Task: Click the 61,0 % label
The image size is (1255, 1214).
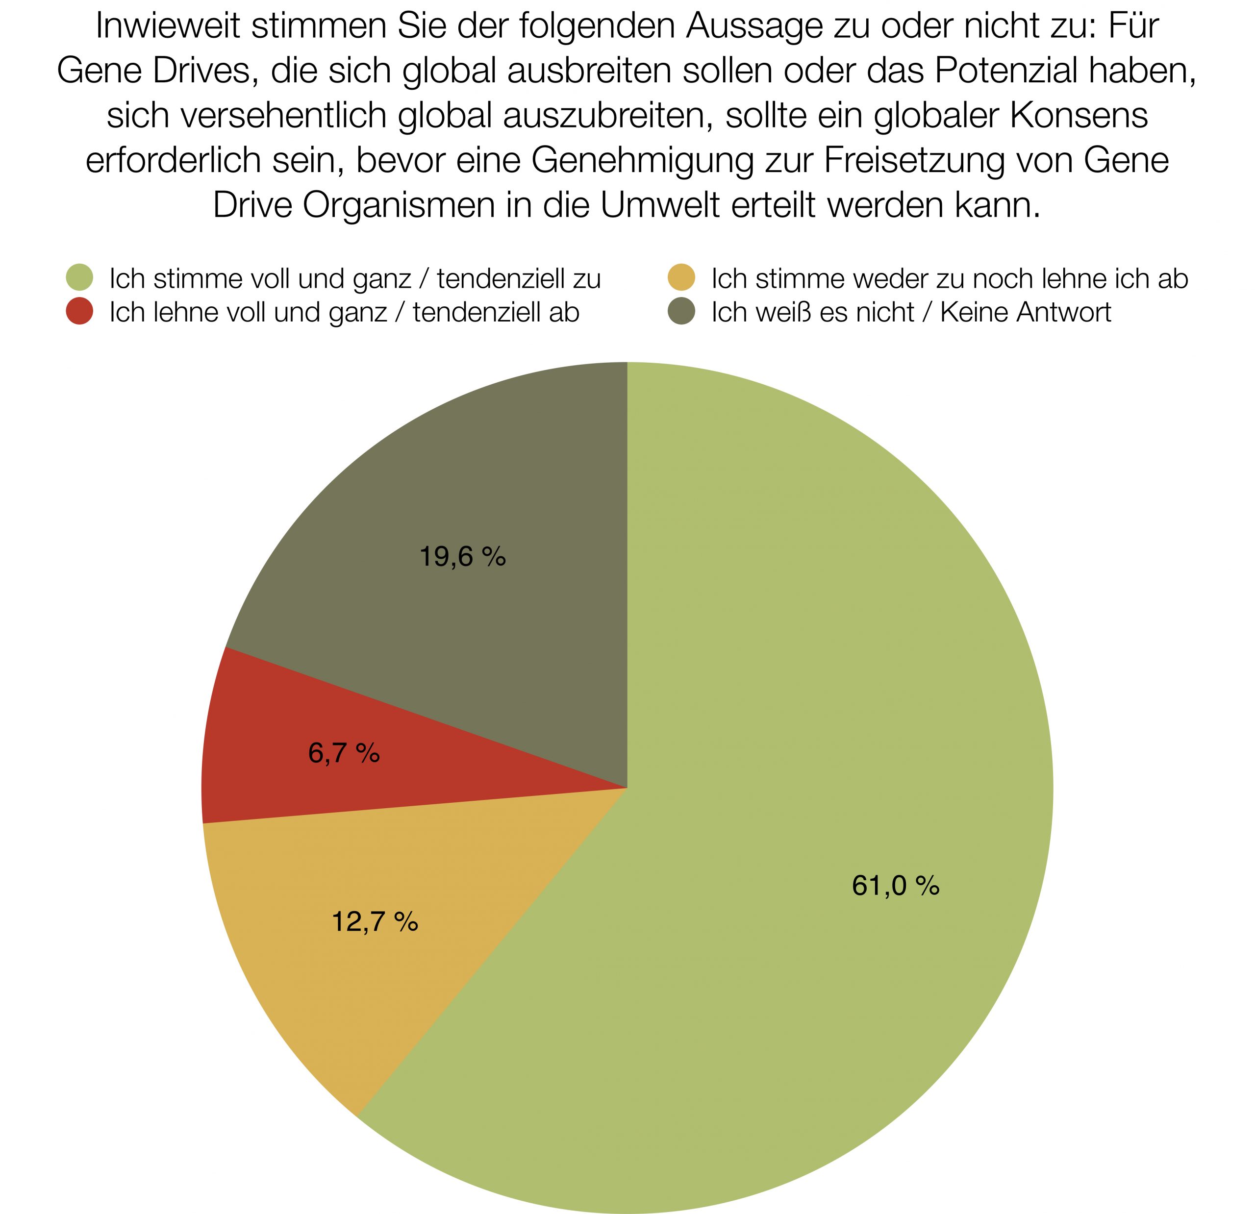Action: tap(895, 886)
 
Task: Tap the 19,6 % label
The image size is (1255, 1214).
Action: tap(462, 556)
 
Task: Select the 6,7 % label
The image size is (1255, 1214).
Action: tap(344, 753)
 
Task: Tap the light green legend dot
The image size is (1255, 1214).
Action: tap(80, 278)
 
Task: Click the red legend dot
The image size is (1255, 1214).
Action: tap(80, 312)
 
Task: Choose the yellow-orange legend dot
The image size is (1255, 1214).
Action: tap(681, 278)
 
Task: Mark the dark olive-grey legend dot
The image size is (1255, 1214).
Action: tap(681, 312)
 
